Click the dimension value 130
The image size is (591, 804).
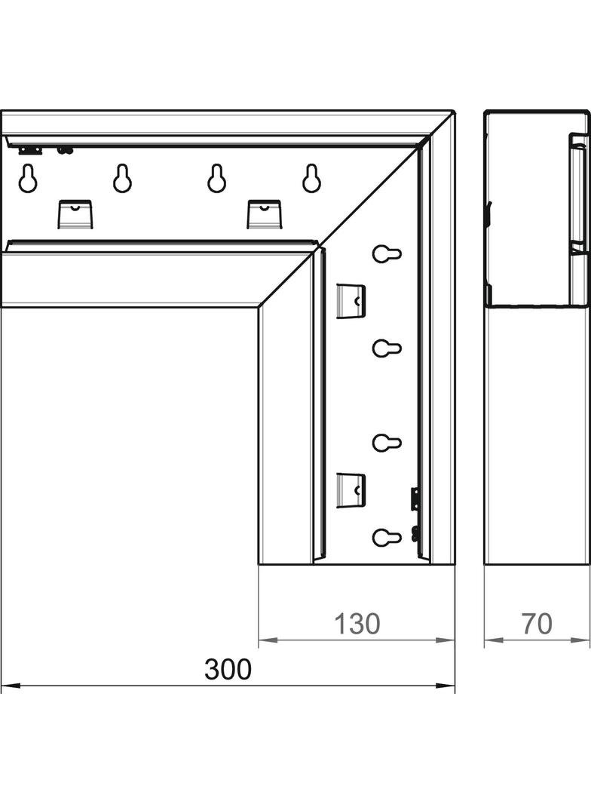[x=357, y=624]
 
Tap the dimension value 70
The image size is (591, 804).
[x=537, y=624]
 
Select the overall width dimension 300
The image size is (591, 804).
[x=228, y=669]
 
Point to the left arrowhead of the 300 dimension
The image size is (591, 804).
[x=11, y=686]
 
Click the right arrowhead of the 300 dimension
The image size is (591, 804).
[x=446, y=686]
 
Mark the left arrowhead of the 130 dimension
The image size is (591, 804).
[x=268, y=640]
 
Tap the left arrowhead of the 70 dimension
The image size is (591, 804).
[x=494, y=640]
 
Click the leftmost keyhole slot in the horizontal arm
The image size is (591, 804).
[x=28, y=179]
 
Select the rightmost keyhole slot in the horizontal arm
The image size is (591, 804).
[x=311, y=179]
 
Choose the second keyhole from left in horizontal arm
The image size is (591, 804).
[x=123, y=179]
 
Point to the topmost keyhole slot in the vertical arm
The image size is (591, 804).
[x=387, y=253]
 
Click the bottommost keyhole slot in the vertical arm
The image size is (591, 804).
[x=387, y=537]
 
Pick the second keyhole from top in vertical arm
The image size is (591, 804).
[x=387, y=348]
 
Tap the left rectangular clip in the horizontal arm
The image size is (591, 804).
[x=75, y=213]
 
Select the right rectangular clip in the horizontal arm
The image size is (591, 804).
[x=265, y=213]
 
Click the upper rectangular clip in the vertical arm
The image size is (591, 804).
[x=351, y=301]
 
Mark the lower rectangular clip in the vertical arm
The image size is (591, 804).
[x=351, y=491]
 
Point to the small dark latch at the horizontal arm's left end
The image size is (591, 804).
[x=30, y=150]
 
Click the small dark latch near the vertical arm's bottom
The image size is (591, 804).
[x=415, y=499]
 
